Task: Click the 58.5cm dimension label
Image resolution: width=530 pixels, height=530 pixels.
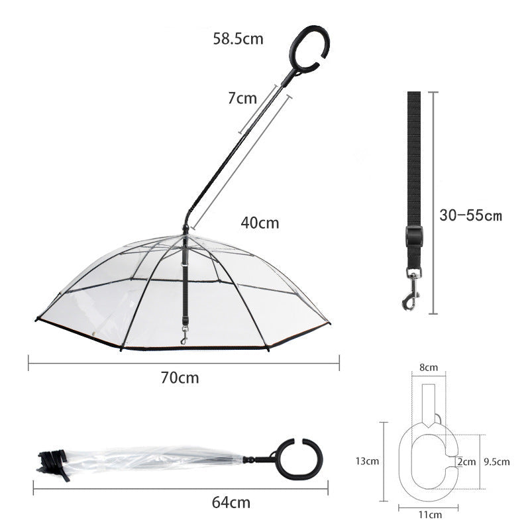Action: [238, 39]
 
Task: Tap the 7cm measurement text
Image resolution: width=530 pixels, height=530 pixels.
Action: [242, 99]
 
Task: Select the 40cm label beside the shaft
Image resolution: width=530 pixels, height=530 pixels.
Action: [260, 223]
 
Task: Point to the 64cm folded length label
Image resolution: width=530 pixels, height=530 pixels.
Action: [231, 502]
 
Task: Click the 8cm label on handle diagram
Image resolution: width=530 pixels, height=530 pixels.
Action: [429, 367]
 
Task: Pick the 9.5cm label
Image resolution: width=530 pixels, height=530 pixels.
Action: [496, 462]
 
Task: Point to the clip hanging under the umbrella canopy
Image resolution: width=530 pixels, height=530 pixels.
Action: [184, 336]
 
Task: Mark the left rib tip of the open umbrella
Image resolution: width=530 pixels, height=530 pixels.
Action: [36, 321]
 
